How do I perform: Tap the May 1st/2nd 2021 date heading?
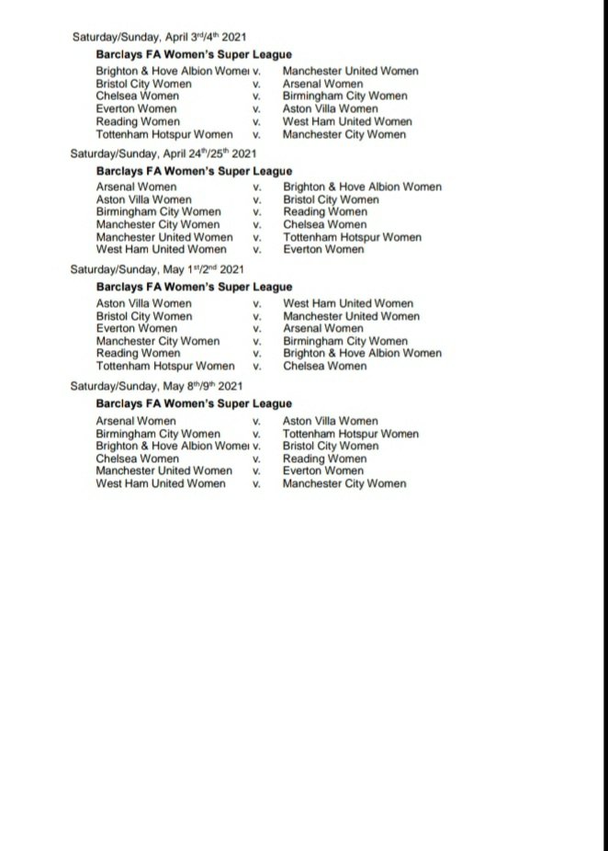click(x=157, y=270)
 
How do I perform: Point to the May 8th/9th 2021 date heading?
click(x=157, y=387)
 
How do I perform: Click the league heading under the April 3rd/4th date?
click(x=194, y=54)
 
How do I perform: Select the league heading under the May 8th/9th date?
click(x=194, y=403)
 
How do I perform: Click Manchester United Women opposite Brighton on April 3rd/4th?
click(x=350, y=71)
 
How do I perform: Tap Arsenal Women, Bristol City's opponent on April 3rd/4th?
click(x=322, y=84)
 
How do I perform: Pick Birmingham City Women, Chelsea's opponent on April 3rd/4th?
click(x=344, y=96)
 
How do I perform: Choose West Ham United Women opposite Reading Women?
click(x=347, y=122)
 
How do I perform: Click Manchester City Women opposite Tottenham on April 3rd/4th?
click(x=343, y=135)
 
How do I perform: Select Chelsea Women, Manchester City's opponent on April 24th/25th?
click(x=324, y=224)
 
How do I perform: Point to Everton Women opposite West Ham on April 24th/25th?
click(x=323, y=249)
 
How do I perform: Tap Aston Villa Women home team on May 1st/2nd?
click(x=143, y=303)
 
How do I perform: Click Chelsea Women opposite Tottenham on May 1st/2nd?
click(x=324, y=366)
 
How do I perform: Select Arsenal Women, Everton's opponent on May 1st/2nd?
click(x=322, y=328)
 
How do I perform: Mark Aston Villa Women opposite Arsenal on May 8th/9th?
click(x=330, y=421)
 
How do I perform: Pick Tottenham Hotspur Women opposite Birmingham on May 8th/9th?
click(x=350, y=434)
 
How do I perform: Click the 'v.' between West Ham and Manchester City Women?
click(x=257, y=483)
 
